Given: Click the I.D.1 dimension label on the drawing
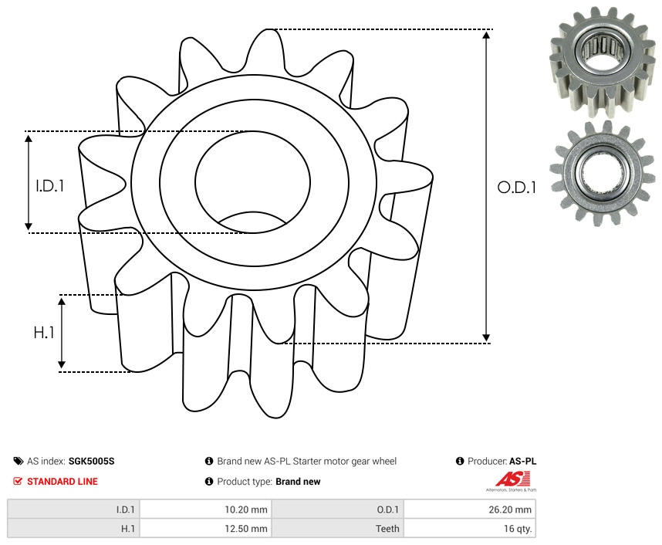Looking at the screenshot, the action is [x=50, y=186].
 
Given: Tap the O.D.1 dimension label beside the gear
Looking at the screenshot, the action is [x=516, y=188].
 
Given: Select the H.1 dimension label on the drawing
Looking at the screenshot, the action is [x=44, y=333].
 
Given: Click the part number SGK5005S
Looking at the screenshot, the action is [x=92, y=461].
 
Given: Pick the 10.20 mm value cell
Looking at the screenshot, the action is [x=205, y=509].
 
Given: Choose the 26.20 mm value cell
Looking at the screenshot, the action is [x=469, y=509].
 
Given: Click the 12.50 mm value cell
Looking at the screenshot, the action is [x=205, y=529].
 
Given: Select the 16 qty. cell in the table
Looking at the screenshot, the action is [x=469, y=529].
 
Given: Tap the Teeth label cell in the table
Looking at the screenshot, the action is [x=337, y=529].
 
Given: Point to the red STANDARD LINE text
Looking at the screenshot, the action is [x=62, y=481].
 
